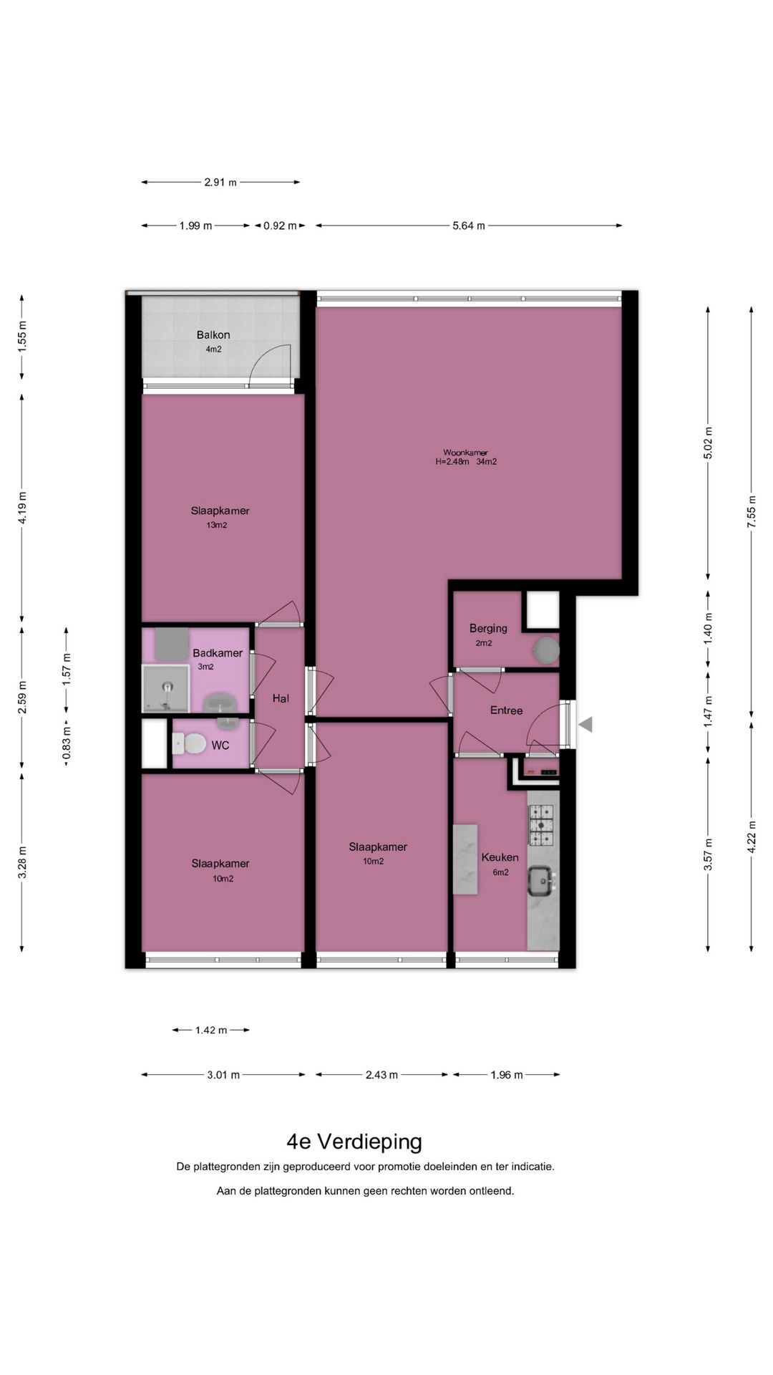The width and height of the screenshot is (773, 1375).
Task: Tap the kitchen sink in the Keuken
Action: [x=540, y=881]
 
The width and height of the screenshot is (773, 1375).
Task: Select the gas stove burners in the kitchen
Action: [x=541, y=824]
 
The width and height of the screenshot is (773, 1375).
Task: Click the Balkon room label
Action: [x=213, y=334]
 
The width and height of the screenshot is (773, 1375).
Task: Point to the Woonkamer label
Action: [x=465, y=452]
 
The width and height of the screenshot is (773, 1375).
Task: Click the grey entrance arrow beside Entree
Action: [x=585, y=725]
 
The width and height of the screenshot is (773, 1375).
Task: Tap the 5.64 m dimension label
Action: [x=469, y=226]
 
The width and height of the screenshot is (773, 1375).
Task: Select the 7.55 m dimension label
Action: [x=751, y=512]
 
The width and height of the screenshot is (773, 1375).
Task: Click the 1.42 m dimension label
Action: [x=211, y=1031]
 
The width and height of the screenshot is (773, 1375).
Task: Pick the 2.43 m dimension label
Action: [x=381, y=1075]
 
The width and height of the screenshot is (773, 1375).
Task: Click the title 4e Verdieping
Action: [x=354, y=1141]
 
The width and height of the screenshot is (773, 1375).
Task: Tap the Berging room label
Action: [x=488, y=628]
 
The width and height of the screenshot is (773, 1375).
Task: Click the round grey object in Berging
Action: [x=545, y=650]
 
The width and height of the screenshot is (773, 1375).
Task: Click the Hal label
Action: [x=281, y=698]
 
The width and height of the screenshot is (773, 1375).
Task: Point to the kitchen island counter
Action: [x=465, y=859]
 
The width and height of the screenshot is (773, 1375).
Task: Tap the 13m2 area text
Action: [x=217, y=525]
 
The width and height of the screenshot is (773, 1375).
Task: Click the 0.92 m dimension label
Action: [x=280, y=226]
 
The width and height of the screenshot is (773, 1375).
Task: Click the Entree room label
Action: [x=506, y=710]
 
